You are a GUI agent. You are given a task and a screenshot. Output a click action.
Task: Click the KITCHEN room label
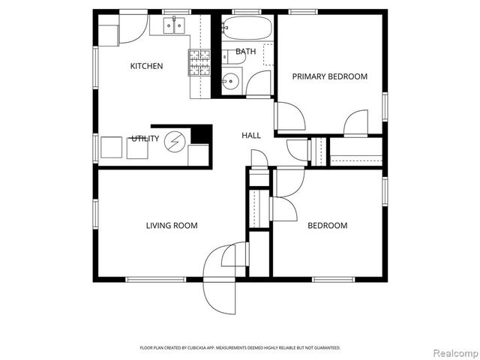(x=146, y=66)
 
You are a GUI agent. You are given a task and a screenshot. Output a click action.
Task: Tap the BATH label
(x=245, y=52)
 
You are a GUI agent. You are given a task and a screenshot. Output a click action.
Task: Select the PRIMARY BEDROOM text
(x=329, y=76)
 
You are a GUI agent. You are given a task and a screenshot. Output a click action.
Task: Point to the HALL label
(x=250, y=136)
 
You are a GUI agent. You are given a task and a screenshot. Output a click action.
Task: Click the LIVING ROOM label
(x=171, y=225)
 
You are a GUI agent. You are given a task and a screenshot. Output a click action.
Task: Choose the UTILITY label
(x=145, y=139)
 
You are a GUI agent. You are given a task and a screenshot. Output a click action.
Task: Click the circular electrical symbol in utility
(x=175, y=141)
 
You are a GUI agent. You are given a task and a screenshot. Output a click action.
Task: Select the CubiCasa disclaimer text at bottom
(x=240, y=348)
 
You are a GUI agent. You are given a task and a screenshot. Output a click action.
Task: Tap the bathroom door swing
(x=261, y=82)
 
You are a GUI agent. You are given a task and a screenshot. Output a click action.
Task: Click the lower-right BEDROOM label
(x=328, y=225)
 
